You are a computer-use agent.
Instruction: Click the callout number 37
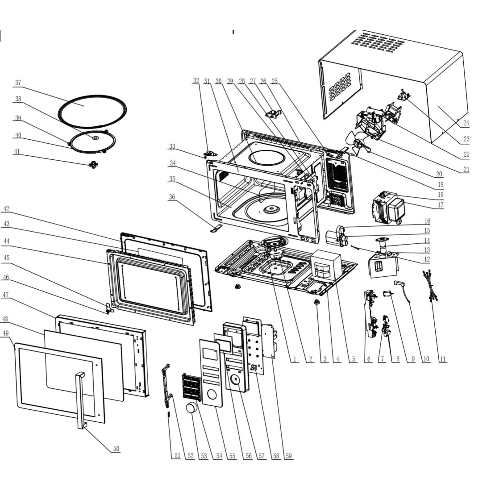[x=18, y=83]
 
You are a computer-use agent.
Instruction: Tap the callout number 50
[x=116, y=449]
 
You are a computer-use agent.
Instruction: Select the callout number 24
[x=466, y=123]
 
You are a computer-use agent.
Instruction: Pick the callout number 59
[x=289, y=456]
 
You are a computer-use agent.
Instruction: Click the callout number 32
[x=196, y=81]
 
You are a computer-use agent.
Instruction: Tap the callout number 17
[x=441, y=205]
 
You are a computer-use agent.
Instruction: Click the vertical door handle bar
[x=81, y=399]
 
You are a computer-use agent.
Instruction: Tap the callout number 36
[x=172, y=197]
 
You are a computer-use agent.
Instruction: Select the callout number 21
[x=466, y=170]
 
